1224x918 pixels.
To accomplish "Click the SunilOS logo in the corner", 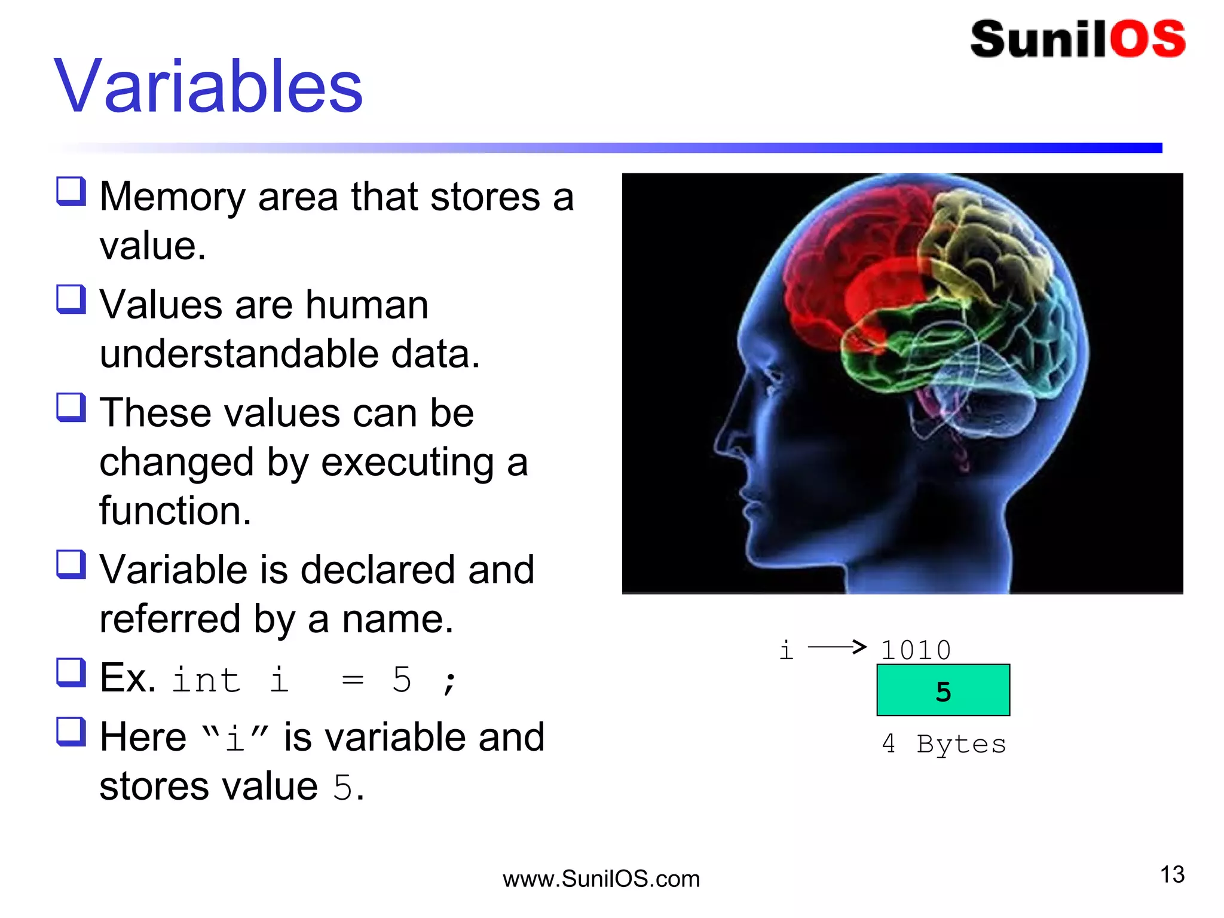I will (x=1078, y=39).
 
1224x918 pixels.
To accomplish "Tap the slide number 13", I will (x=1172, y=874).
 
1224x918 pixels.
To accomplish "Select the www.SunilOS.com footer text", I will (x=601, y=879).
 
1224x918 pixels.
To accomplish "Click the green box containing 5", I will (x=943, y=690).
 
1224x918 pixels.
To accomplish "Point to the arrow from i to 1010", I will (x=837, y=647).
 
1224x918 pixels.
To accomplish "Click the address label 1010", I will (x=915, y=650).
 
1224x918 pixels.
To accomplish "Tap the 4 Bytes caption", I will (x=944, y=744).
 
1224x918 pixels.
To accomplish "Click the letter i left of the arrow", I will (x=786, y=650).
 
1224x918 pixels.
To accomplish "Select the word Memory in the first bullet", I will (x=172, y=197).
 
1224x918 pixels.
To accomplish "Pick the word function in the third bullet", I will (x=175, y=511).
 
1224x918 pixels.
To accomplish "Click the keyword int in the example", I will (x=206, y=680).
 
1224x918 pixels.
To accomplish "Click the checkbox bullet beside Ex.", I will (x=71, y=672).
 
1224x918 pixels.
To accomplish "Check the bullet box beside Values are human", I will (x=71, y=299).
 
